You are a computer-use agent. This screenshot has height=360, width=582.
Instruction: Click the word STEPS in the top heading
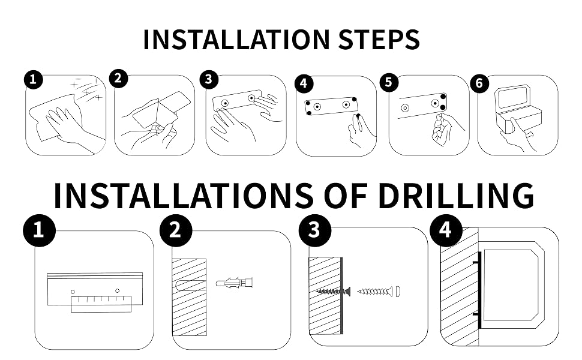379,40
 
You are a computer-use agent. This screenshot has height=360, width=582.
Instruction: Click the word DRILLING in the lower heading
456,195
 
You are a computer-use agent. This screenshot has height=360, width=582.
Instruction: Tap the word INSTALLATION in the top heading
236,40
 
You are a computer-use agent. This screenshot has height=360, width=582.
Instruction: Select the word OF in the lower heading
346,195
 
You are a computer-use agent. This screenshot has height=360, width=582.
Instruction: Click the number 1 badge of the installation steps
34,79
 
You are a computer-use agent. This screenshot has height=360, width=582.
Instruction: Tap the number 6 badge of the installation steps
479,83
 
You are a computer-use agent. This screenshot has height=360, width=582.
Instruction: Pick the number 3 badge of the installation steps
209,79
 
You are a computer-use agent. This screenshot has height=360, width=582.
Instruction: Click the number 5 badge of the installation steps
389,82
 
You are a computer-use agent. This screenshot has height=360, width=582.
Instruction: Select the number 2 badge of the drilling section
176,230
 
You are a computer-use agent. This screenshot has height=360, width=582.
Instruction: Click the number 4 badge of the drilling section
446,230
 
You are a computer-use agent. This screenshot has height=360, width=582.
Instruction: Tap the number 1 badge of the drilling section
39,230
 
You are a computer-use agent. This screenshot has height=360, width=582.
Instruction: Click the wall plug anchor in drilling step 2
235,283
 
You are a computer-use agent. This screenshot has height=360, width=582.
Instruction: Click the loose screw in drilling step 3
375,291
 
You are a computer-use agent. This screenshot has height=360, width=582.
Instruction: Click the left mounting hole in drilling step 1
73,292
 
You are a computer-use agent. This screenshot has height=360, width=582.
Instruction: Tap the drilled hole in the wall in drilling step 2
189,286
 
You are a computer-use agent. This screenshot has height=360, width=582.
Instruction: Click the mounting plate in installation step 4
331,106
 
